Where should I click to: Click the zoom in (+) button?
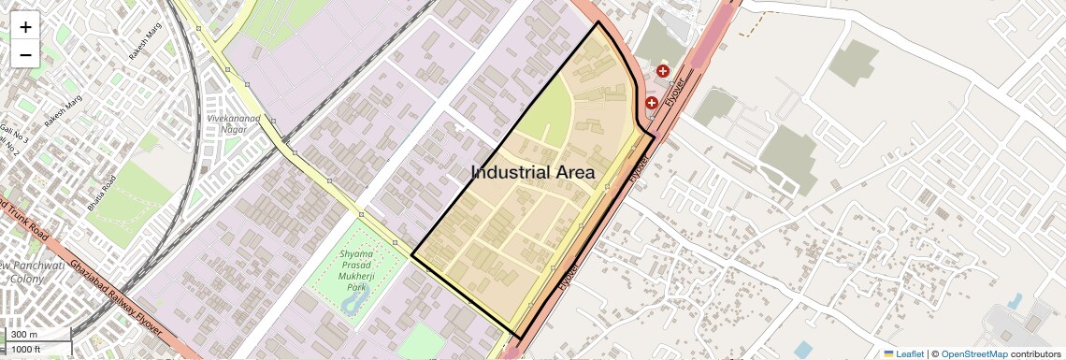click(25, 26)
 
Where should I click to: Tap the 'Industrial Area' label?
click(532, 172)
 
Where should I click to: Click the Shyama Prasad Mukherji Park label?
click(356, 270)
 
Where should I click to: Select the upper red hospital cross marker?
click(663, 71)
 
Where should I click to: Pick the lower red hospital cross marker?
click(651, 103)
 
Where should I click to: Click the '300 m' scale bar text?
click(25, 334)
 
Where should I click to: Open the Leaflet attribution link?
click(903, 353)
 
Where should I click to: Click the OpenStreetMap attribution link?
click(974, 353)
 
